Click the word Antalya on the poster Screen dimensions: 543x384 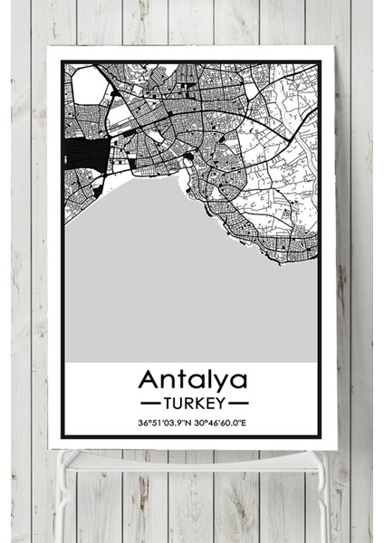pyautogui.click(x=193, y=377)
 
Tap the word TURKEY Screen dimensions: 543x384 pyautogui.click(x=193, y=400)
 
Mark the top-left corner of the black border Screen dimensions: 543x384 pyautogui.click(x=62, y=61)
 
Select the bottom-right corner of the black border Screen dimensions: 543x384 pyautogui.click(x=321, y=439)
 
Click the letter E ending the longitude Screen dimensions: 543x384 pyautogui.click(x=245, y=423)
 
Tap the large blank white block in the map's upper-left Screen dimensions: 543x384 pyautogui.click(x=89, y=86)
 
